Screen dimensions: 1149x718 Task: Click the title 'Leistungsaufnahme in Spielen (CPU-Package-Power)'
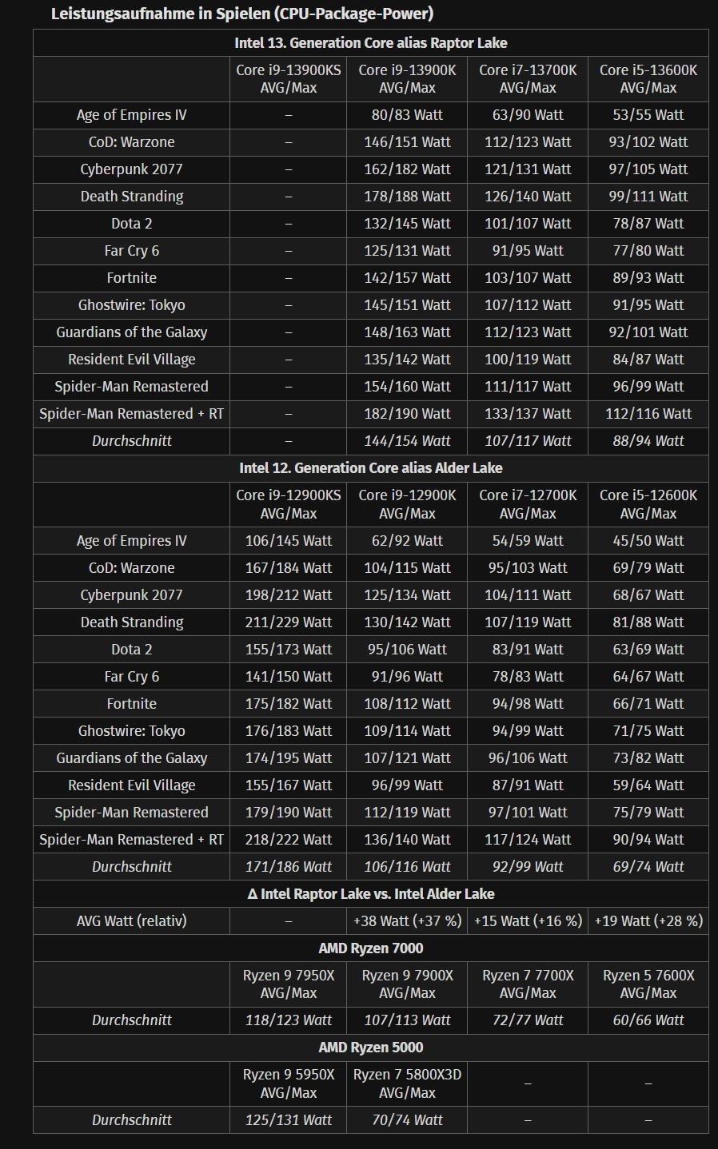click(241, 14)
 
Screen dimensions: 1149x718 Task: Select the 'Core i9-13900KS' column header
click(288, 78)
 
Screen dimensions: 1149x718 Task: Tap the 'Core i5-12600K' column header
click(648, 504)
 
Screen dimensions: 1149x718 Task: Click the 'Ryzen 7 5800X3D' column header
click(407, 1083)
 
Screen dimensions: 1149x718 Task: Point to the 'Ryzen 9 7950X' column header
click(288, 984)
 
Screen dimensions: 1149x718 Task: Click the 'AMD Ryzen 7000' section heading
click(370, 948)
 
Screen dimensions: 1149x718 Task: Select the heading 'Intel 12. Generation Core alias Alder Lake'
click(370, 468)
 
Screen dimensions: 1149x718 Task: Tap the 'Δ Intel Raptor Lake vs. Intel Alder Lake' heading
click(370, 894)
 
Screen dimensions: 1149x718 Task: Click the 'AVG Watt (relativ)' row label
click(131, 920)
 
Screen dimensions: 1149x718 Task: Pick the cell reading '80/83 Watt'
click(407, 115)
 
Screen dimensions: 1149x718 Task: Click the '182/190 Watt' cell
click(407, 414)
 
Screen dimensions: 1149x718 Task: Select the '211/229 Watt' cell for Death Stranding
click(288, 622)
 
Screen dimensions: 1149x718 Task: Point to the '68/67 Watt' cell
click(648, 595)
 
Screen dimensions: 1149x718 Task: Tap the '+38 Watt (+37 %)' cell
click(407, 920)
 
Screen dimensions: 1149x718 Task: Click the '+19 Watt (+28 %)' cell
click(648, 920)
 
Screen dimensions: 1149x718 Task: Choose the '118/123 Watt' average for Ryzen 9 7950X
click(288, 1020)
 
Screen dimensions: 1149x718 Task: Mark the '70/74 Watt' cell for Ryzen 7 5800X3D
click(407, 1120)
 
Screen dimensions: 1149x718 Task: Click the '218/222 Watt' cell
click(288, 840)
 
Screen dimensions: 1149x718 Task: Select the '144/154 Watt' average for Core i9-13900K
click(407, 441)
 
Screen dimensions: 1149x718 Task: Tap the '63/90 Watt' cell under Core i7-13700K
click(528, 115)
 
